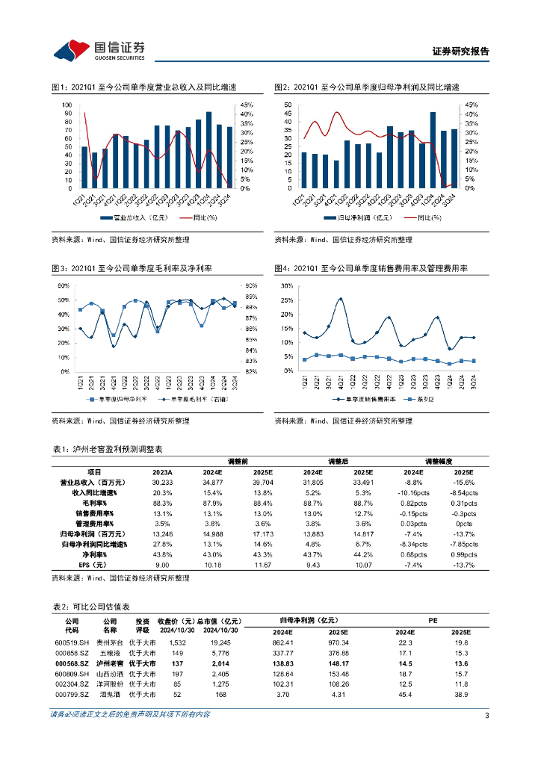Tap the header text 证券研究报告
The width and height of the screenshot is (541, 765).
pyautogui.click(x=461, y=52)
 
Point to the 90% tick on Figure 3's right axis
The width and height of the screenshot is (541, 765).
pyautogui.click(x=250, y=285)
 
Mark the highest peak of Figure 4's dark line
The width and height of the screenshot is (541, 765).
pyautogui.click(x=341, y=299)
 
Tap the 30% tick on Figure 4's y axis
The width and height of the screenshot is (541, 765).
pyautogui.click(x=287, y=286)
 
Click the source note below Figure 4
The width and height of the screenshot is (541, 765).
pyautogui.click(x=342, y=421)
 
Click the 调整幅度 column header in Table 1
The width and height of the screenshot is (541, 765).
pyautogui.click(x=439, y=462)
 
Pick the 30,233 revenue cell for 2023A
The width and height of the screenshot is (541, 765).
pyautogui.click(x=162, y=483)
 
